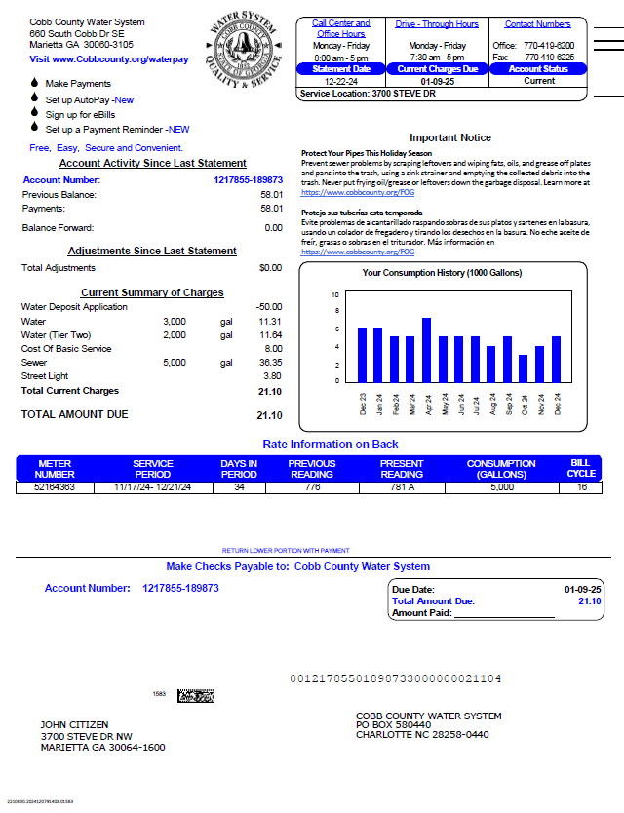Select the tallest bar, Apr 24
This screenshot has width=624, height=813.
tap(426, 349)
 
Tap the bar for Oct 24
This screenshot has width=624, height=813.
tap(523, 368)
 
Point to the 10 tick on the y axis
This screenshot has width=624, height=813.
tap(335, 294)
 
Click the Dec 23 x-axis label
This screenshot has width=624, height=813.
tap(363, 404)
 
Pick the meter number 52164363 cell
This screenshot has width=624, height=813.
tap(55, 486)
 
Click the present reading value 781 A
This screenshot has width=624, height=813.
tap(402, 486)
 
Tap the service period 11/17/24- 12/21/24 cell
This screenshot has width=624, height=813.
tap(152, 486)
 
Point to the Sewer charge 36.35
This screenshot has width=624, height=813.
tap(270, 362)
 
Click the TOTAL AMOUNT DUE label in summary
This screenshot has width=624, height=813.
tap(75, 414)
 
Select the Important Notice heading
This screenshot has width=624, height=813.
tap(449, 137)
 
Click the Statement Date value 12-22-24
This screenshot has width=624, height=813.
tap(340, 81)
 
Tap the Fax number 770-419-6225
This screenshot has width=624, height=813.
tap(549, 58)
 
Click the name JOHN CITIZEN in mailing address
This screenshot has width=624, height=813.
tap(74, 725)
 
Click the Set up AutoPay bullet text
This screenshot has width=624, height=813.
tap(78, 99)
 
